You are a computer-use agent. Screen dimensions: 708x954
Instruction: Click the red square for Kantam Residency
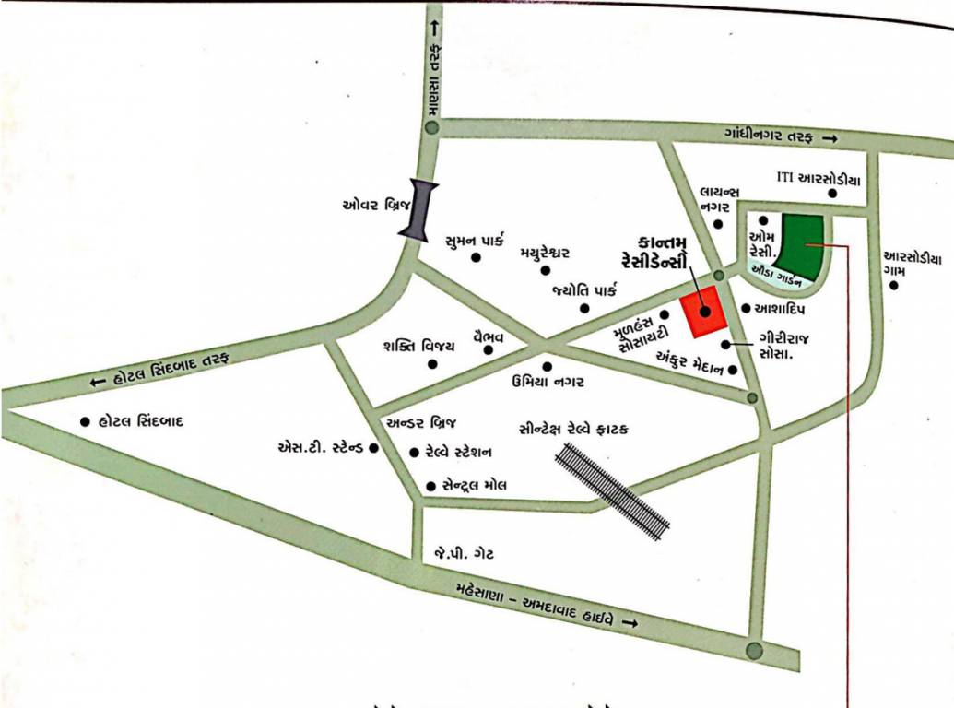pyautogui.click(x=704, y=312)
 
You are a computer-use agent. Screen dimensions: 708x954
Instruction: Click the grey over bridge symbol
pyautogui.click(x=419, y=210)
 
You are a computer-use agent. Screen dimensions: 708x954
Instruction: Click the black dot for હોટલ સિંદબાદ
pyautogui.click(x=85, y=421)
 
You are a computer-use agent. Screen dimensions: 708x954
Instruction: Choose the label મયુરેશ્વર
pyautogui.click(x=545, y=252)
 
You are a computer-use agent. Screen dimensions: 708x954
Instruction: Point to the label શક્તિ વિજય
pyautogui.click(x=418, y=346)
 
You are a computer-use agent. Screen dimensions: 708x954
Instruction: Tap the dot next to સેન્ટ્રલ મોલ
pyautogui.click(x=430, y=485)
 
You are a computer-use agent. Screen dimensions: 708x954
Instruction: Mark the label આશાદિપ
pyautogui.click(x=781, y=308)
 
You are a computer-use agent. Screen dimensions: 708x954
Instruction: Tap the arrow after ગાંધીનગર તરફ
pyautogui.click(x=830, y=138)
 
